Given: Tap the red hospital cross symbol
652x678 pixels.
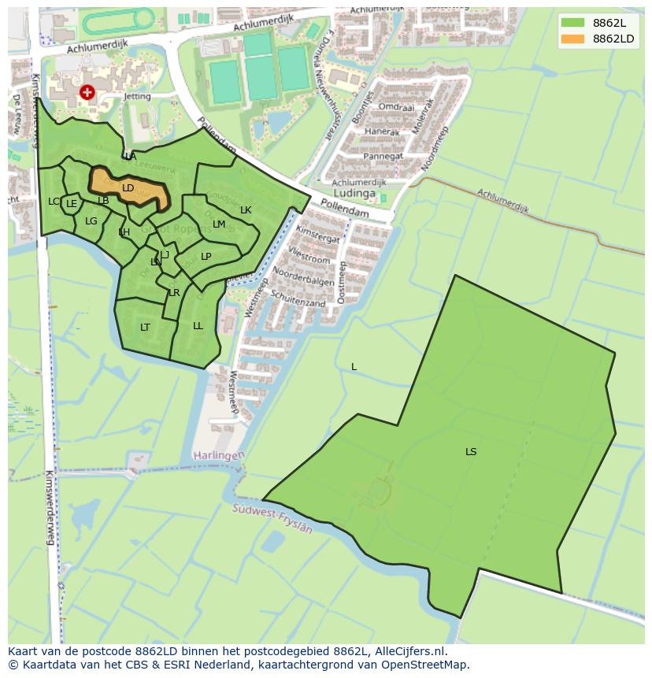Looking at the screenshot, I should pyautogui.click(x=87, y=93).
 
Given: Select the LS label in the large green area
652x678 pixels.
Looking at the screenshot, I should pyautogui.click(x=471, y=452).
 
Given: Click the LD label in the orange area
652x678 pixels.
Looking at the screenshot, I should pyautogui.click(x=128, y=188).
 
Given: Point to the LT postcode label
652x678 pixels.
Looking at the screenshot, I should pyautogui.click(x=145, y=328).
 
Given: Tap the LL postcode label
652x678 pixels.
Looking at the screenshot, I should pyautogui.click(x=198, y=326).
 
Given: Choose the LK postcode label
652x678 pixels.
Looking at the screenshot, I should pyautogui.click(x=246, y=210).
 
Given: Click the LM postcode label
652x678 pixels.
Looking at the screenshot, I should pyautogui.click(x=219, y=224).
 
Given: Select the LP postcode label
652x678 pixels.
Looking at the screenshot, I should pyautogui.click(x=206, y=257).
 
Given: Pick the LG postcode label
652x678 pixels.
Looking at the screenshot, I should pyautogui.click(x=91, y=221).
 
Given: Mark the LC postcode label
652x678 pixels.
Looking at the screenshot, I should pyautogui.click(x=54, y=202).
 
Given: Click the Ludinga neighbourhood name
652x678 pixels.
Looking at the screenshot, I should pyautogui.click(x=356, y=194).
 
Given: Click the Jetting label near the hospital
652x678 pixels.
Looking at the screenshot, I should pyautogui.click(x=115, y=95).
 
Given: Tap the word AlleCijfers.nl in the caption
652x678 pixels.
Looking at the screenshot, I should pyautogui.click(x=411, y=651).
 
